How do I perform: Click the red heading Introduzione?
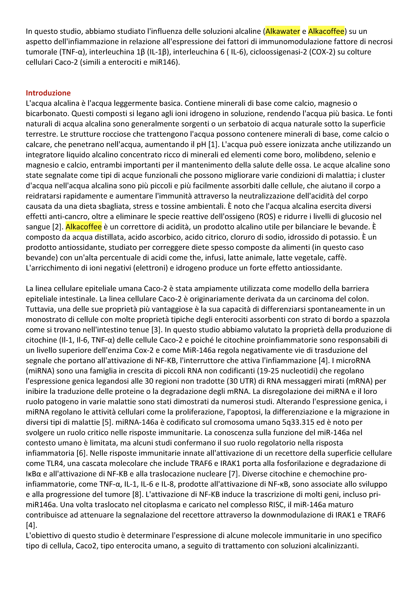(x=48, y=93)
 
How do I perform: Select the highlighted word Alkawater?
(x=283, y=31)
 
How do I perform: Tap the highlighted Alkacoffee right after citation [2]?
(x=83, y=227)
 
